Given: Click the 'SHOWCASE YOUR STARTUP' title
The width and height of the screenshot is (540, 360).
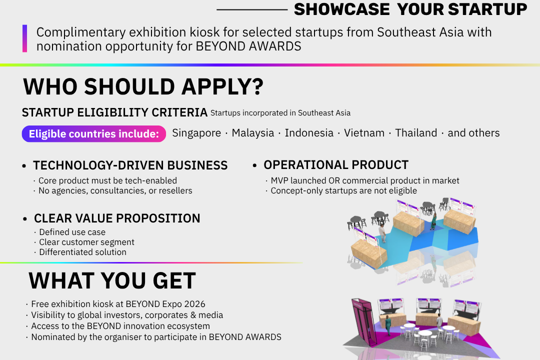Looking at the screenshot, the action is point(410,9).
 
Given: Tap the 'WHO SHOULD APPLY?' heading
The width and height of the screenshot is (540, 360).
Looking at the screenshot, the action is point(143,86).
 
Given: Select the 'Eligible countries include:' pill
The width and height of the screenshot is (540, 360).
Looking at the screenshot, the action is point(93,133).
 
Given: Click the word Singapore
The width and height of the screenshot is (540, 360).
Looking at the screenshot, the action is point(196,133).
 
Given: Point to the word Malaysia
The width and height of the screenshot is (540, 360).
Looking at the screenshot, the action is point(253,133).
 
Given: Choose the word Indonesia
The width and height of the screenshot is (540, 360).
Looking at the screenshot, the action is point(309,133).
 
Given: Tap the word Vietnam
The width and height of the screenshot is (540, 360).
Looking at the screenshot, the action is point(364,133).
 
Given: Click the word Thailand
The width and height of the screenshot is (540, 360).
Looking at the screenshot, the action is point(416,133).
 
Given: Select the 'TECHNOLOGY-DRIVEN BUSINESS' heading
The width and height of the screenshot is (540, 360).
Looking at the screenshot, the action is point(130,165).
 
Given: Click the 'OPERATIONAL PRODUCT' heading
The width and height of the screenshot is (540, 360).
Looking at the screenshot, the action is point(336,165).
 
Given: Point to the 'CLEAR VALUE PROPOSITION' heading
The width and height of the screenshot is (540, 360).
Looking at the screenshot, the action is point(116,218).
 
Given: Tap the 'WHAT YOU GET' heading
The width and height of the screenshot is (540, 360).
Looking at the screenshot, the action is point(112,280).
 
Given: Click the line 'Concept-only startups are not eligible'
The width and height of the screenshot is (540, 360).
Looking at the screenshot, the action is point(343,191).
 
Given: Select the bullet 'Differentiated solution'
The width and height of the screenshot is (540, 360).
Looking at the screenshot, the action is point(82,252).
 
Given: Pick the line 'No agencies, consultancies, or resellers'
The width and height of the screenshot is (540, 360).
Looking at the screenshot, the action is point(115,191).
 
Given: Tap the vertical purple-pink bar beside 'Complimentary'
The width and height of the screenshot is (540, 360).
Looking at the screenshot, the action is point(25,38).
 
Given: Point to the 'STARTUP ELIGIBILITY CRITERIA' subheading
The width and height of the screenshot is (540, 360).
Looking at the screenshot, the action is point(114,112).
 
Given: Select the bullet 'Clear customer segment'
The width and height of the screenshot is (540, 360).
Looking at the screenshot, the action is point(86,242).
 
